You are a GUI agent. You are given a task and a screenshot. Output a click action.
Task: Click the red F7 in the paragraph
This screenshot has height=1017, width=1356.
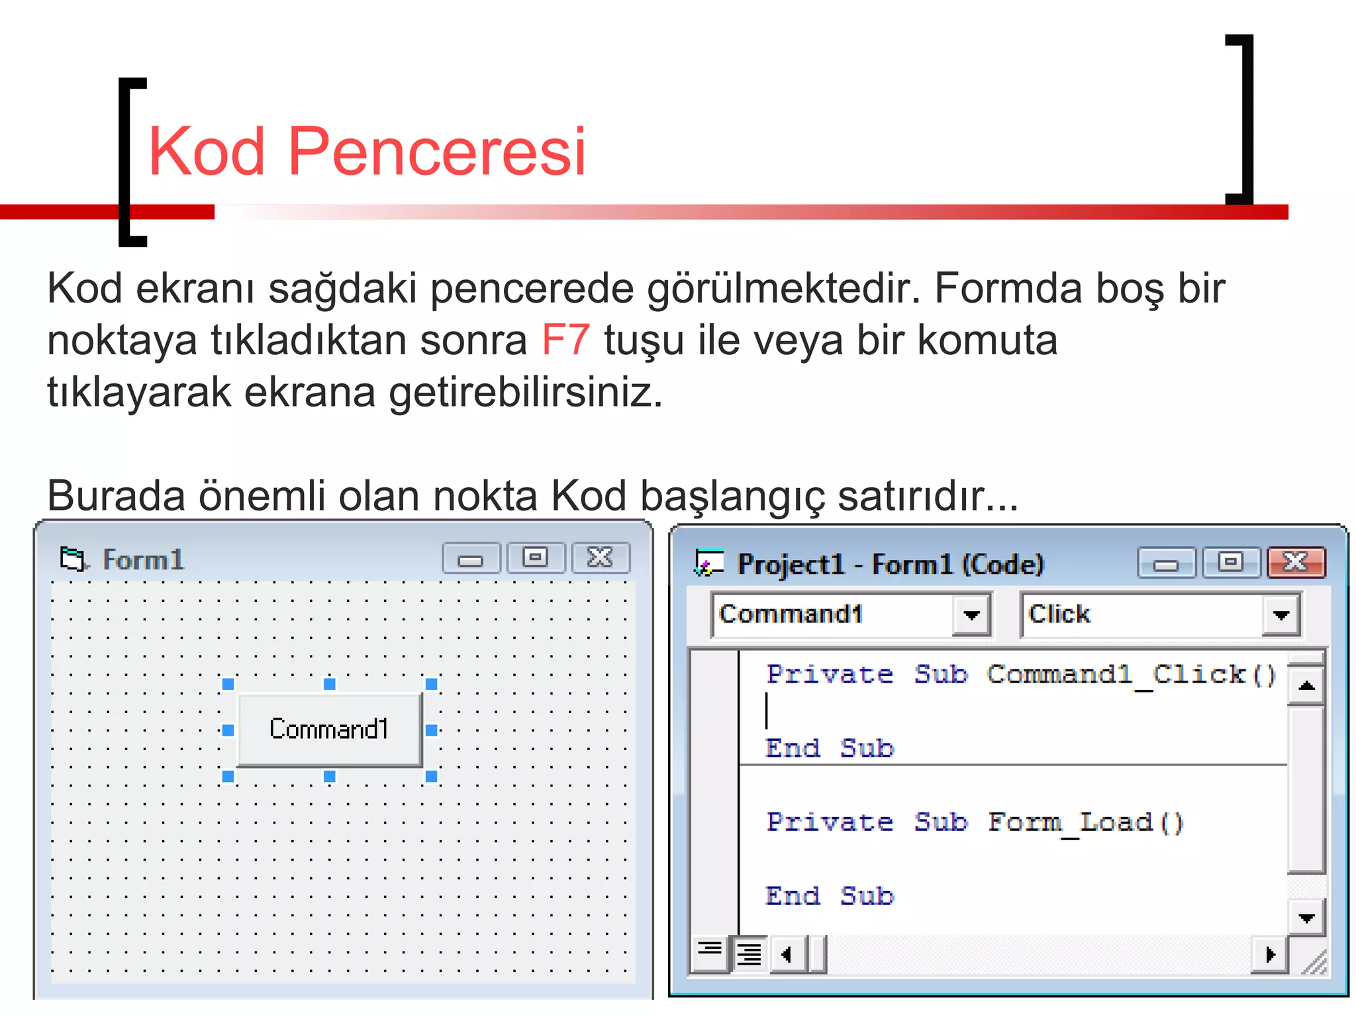[x=565, y=340]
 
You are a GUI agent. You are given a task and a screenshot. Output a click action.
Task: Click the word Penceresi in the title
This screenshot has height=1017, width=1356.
[x=437, y=152]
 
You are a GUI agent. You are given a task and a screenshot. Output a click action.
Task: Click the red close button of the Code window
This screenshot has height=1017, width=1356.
[x=1296, y=563]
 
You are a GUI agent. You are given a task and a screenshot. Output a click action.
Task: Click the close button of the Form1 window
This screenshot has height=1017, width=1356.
[x=601, y=558]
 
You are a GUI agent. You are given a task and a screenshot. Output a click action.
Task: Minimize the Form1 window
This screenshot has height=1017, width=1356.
[x=471, y=559]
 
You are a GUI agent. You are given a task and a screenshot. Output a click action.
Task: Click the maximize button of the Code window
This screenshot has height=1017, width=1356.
[x=1231, y=563]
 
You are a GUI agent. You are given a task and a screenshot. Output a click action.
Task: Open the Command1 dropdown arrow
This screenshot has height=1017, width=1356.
[x=971, y=615]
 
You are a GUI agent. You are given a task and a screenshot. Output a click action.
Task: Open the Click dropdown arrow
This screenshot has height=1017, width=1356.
[x=1281, y=615]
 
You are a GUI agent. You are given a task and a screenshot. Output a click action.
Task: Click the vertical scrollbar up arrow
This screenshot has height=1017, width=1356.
[x=1306, y=686]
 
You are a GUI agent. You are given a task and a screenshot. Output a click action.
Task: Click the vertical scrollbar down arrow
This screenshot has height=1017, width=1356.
[x=1306, y=918]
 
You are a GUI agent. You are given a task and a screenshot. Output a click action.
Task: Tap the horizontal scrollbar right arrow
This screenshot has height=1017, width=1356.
[x=1270, y=955]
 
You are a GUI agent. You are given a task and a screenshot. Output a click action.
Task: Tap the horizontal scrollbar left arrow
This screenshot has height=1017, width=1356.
[x=787, y=955]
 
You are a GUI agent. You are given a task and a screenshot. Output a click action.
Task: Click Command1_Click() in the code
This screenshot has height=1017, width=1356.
[x=1131, y=675]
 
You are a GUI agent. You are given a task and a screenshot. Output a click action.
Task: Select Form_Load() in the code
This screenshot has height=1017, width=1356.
[x=1085, y=823]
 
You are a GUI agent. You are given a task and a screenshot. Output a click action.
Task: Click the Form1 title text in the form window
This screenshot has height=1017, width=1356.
[x=143, y=560]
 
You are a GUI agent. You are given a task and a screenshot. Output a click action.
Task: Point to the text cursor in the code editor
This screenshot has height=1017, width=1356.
[x=767, y=710]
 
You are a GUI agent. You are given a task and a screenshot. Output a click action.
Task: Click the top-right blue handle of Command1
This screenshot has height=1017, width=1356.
[x=432, y=684]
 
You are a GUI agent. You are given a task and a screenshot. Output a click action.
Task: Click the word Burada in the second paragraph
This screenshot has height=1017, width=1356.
[x=117, y=495]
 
